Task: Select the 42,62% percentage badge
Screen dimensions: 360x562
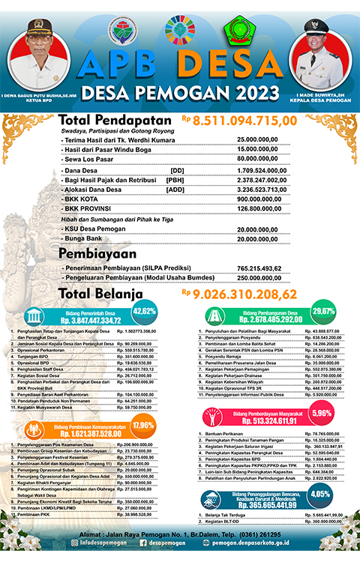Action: point(144,312)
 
